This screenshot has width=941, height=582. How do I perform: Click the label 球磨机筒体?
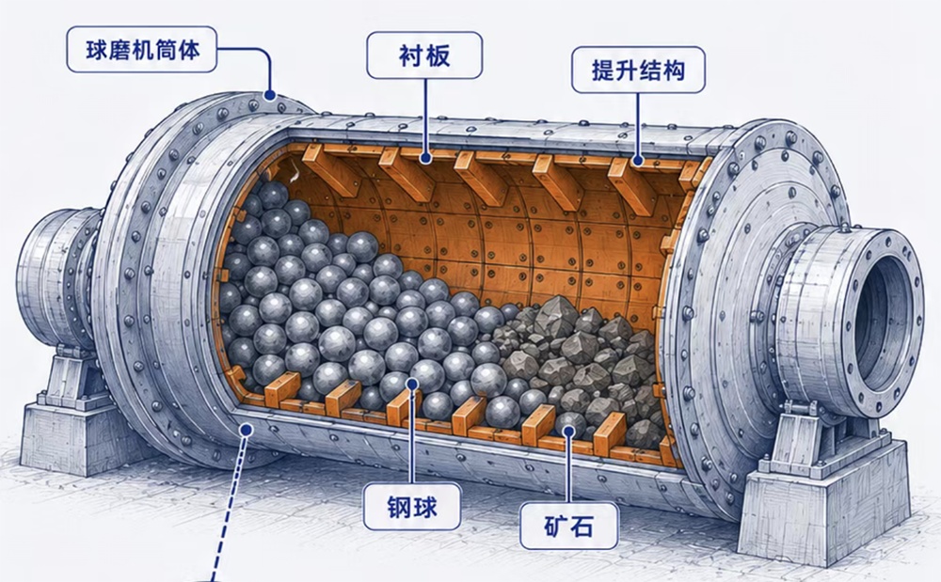[x=142, y=50]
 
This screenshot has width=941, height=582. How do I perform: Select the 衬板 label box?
[x=424, y=55]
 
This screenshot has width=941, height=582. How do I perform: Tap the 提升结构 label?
[x=638, y=71]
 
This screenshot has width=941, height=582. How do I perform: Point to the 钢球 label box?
[x=412, y=507]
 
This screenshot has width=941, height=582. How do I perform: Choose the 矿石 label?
[x=567, y=526]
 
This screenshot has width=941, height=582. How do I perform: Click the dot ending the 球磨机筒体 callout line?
[x=269, y=95]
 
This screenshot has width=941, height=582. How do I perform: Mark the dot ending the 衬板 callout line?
[x=425, y=158]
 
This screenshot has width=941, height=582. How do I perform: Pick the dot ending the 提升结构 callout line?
[x=637, y=161]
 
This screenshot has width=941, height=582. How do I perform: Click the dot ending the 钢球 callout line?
[x=412, y=383]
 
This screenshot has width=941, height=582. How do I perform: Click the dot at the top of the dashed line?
[x=246, y=429]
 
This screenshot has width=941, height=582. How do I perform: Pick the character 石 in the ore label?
[x=582, y=527]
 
